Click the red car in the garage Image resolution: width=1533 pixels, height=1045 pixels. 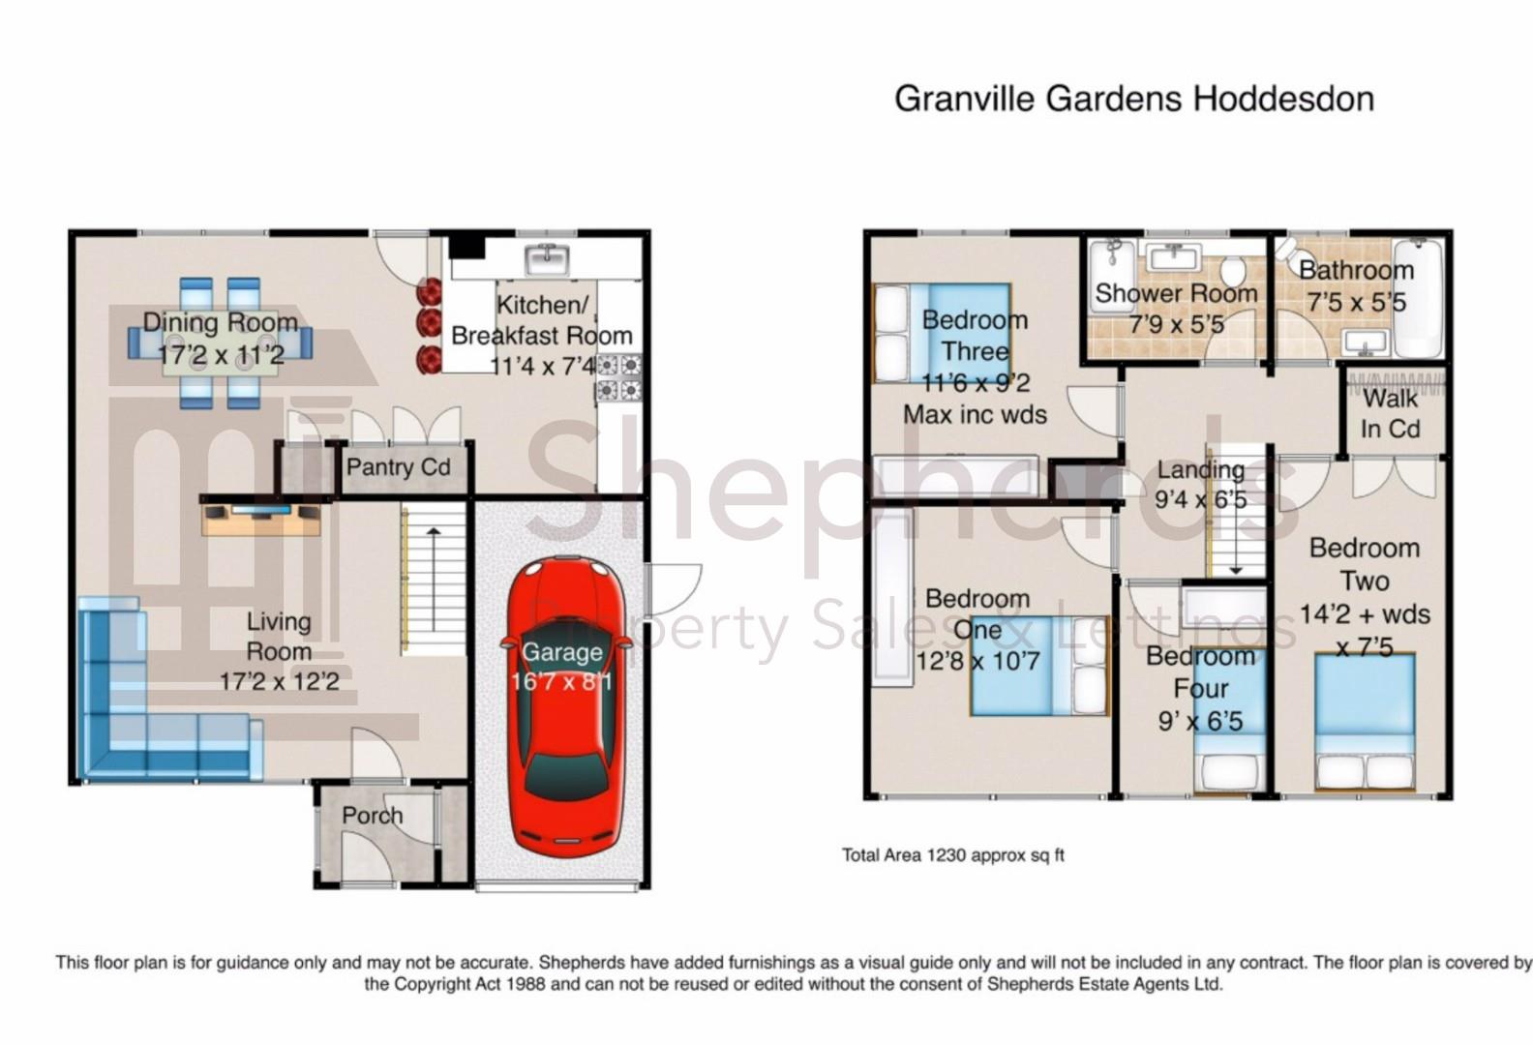tap(565, 708)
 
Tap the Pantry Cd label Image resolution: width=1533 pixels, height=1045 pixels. tap(399, 467)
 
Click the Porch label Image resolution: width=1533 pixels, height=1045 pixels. tap(373, 816)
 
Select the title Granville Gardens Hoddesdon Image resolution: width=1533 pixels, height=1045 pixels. tap(1134, 99)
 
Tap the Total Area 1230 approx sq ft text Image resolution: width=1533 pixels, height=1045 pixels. tap(952, 855)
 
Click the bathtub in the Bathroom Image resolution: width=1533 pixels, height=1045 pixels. tap(1419, 298)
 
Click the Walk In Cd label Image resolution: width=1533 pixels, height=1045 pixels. tap(1390, 414)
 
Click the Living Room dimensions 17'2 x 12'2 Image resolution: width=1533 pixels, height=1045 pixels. tap(280, 682)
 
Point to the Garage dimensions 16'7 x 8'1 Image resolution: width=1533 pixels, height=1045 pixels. tap(561, 682)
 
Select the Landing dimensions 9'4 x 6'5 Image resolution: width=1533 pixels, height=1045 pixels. tap(1201, 500)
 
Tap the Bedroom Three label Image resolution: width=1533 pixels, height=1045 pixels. tap(976, 336)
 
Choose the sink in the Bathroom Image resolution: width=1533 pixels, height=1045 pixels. tap(1366, 343)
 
